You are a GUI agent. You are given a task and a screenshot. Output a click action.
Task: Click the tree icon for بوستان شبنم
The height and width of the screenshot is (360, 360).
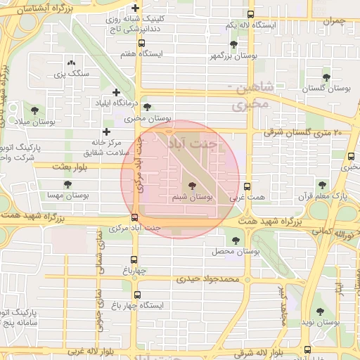pos(193,186)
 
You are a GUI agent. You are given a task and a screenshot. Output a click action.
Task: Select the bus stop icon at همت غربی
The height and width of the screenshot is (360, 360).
pos(247,187)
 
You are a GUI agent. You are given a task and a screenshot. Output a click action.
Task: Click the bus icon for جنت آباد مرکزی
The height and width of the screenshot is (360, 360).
pos(134,217)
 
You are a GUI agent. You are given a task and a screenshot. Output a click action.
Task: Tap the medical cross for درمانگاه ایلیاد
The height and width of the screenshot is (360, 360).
pos(116,92)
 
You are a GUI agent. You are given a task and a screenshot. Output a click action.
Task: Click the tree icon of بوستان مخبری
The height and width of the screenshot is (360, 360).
pos(146,107)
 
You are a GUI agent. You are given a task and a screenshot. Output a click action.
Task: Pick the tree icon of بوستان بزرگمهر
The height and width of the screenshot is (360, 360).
pos(233,44)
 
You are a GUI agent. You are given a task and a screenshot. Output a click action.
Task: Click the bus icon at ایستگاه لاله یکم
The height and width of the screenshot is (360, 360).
pos(251,14)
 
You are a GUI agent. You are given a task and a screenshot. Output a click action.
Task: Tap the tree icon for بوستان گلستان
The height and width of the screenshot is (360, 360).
pos(326,77)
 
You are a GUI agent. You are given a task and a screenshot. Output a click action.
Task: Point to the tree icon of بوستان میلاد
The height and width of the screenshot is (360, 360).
pos(34,110)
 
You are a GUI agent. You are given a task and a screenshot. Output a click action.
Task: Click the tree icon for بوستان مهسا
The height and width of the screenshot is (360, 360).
pos(67,184)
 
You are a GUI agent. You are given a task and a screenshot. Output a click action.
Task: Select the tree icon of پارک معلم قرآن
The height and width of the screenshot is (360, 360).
pos(322,185)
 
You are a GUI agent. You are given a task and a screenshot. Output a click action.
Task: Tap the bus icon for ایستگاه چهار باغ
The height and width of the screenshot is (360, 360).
pos(136,295)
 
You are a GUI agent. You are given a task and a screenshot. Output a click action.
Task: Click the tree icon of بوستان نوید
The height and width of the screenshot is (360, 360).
pos(321,311)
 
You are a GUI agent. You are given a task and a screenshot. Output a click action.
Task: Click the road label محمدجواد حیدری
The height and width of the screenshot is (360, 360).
pos(208,279)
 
